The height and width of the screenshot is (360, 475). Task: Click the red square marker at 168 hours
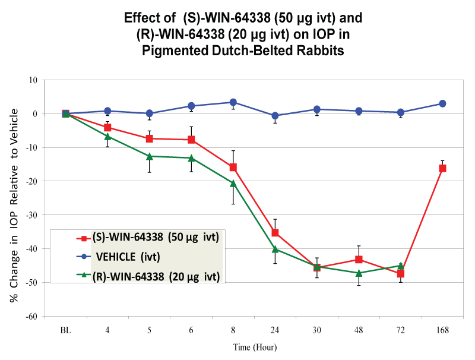442,168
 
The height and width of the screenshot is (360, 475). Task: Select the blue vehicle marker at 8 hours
233,102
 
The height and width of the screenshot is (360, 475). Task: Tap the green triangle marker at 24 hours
275,249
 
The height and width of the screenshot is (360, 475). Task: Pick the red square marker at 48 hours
359,260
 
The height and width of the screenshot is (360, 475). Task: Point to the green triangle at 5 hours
150,156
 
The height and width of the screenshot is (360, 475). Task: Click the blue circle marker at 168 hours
442,103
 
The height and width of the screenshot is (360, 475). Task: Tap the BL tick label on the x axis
66,330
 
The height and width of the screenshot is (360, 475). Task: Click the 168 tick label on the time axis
442,330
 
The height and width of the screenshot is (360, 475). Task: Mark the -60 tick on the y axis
30,317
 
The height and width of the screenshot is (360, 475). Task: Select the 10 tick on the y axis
33,80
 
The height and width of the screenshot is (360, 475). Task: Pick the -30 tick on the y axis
30,215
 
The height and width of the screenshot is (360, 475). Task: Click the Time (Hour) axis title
254,347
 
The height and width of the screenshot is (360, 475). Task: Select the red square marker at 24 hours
275,232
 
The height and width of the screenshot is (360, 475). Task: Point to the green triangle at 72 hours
401,266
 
